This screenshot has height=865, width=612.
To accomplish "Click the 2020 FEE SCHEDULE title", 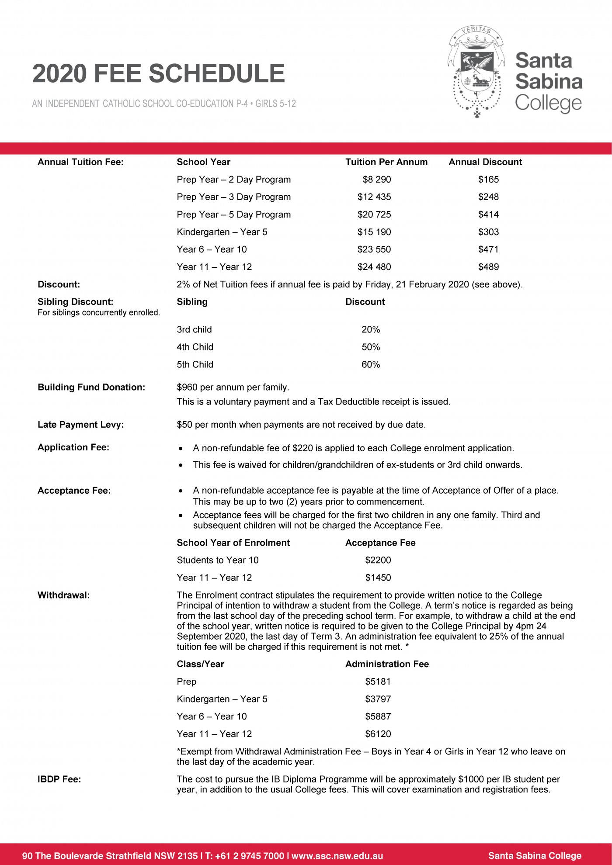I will pyautogui.click(x=158, y=73).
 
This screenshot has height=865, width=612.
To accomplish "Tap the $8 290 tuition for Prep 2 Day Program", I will pyautogui.click(x=376, y=180).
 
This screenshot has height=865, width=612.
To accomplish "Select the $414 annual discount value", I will pyautogui.click(x=488, y=215).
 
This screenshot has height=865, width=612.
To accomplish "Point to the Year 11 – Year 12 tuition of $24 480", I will pyautogui.click(x=374, y=267).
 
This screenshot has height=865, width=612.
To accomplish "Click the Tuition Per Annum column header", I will pyautogui.click(x=386, y=162).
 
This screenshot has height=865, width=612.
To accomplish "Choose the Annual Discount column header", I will pyautogui.click(x=485, y=162).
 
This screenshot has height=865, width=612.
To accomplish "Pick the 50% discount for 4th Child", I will pyautogui.click(x=371, y=347).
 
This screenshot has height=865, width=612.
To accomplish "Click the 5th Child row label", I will pyautogui.click(x=195, y=364).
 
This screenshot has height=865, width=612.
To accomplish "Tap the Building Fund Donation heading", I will pyautogui.click(x=91, y=387).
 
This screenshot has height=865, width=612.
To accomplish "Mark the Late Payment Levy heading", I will pyautogui.click(x=81, y=425).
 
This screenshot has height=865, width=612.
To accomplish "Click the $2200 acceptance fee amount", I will pyautogui.click(x=378, y=560).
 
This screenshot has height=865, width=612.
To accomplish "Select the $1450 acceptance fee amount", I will pyautogui.click(x=378, y=578).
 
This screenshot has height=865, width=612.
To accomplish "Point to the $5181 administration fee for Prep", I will pyautogui.click(x=378, y=682).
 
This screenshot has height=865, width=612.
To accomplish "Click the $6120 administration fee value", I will pyautogui.click(x=378, y=734).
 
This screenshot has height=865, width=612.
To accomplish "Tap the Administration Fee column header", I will pyautogui.click(x=387, y=664).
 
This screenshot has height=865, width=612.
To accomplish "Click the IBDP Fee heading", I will pyautogui.click(x=59, y=779).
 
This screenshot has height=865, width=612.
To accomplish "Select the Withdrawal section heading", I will pyautogui.click(x=64, y=595).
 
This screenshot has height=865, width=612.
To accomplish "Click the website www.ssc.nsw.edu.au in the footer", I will pyautogui.click(x=337, y=856).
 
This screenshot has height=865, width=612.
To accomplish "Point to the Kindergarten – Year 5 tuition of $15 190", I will pyautogui.click(x=374, y=232).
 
